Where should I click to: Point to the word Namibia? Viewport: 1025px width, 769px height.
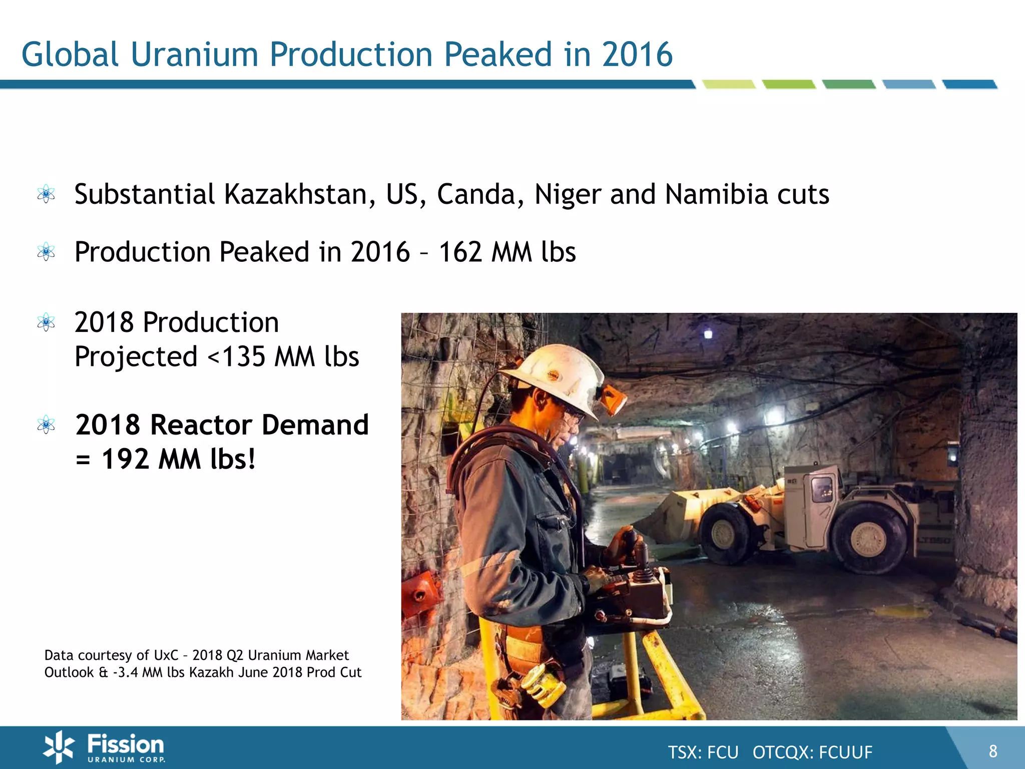point(716,194)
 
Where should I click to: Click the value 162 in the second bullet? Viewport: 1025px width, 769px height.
point(460,252)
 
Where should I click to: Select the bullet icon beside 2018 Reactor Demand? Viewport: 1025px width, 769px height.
point(46,425)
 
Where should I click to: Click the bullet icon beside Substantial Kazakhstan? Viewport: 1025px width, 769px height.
point(46,194)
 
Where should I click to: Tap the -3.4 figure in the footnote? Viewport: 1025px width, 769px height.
point(125,672)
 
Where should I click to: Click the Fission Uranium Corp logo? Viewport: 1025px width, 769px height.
point(104,747)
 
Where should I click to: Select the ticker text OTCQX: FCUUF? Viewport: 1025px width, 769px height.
point(812,752)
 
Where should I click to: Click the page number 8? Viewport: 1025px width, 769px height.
point(993,751)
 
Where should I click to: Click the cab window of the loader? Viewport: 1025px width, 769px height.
point(821,488)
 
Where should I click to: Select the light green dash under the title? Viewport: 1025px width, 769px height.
point(729,85)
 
